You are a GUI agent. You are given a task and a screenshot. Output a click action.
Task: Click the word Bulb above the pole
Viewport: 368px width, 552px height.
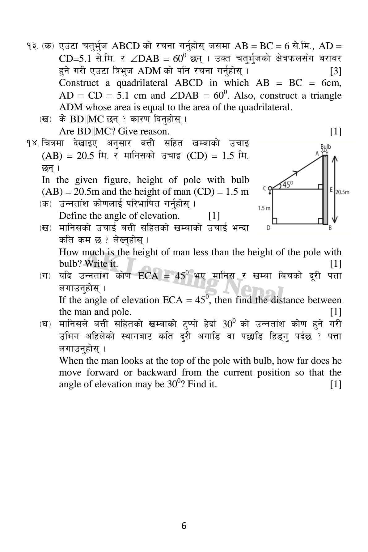coord(326,146)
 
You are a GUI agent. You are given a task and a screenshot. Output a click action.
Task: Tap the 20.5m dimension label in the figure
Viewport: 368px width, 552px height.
coord(342,192)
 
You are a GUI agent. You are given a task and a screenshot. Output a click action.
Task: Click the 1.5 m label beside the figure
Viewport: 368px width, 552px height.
coord(264,208)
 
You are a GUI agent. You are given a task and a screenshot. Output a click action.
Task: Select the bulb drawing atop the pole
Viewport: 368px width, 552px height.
coord(325,152)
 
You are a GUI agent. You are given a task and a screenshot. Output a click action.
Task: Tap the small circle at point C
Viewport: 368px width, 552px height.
coord(270,188)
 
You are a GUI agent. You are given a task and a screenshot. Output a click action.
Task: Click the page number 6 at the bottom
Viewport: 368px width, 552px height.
coord(184,526)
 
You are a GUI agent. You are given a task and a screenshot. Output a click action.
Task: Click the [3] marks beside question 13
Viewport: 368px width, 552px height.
coord(336,71)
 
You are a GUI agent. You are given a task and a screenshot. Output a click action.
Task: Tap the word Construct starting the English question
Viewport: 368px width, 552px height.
coord(79,83)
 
